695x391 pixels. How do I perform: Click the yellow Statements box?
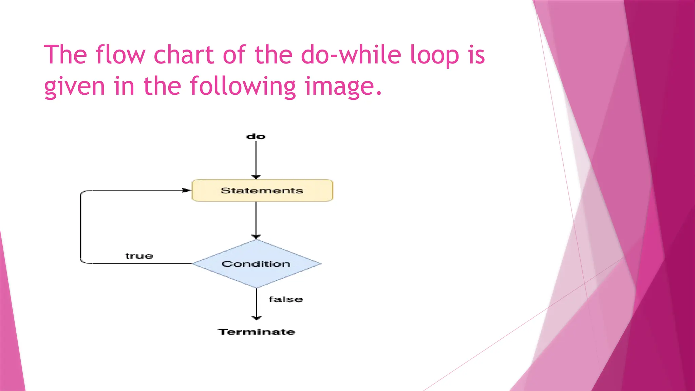[x=262, y=190]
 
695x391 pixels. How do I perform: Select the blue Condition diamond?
[x=257, y=264]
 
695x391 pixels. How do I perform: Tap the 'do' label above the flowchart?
[x=256, y=136]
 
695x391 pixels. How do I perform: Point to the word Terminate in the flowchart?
[x=257, y=332]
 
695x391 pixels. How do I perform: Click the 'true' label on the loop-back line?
[x=139, y=256]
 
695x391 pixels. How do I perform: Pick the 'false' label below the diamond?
[x=286, y=299]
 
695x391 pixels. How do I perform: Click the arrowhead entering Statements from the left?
[x=187, y=190]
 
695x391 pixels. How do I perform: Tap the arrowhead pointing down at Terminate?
[x=257, y=318]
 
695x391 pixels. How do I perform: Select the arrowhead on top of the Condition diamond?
[x=256, y=237]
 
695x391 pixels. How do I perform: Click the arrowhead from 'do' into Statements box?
[x=256, y=176]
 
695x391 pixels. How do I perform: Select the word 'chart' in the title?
[x=184, y=55]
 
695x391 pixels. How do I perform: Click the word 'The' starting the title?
[x=65, y=55]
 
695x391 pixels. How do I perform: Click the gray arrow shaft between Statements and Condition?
[x=256, y=217]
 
